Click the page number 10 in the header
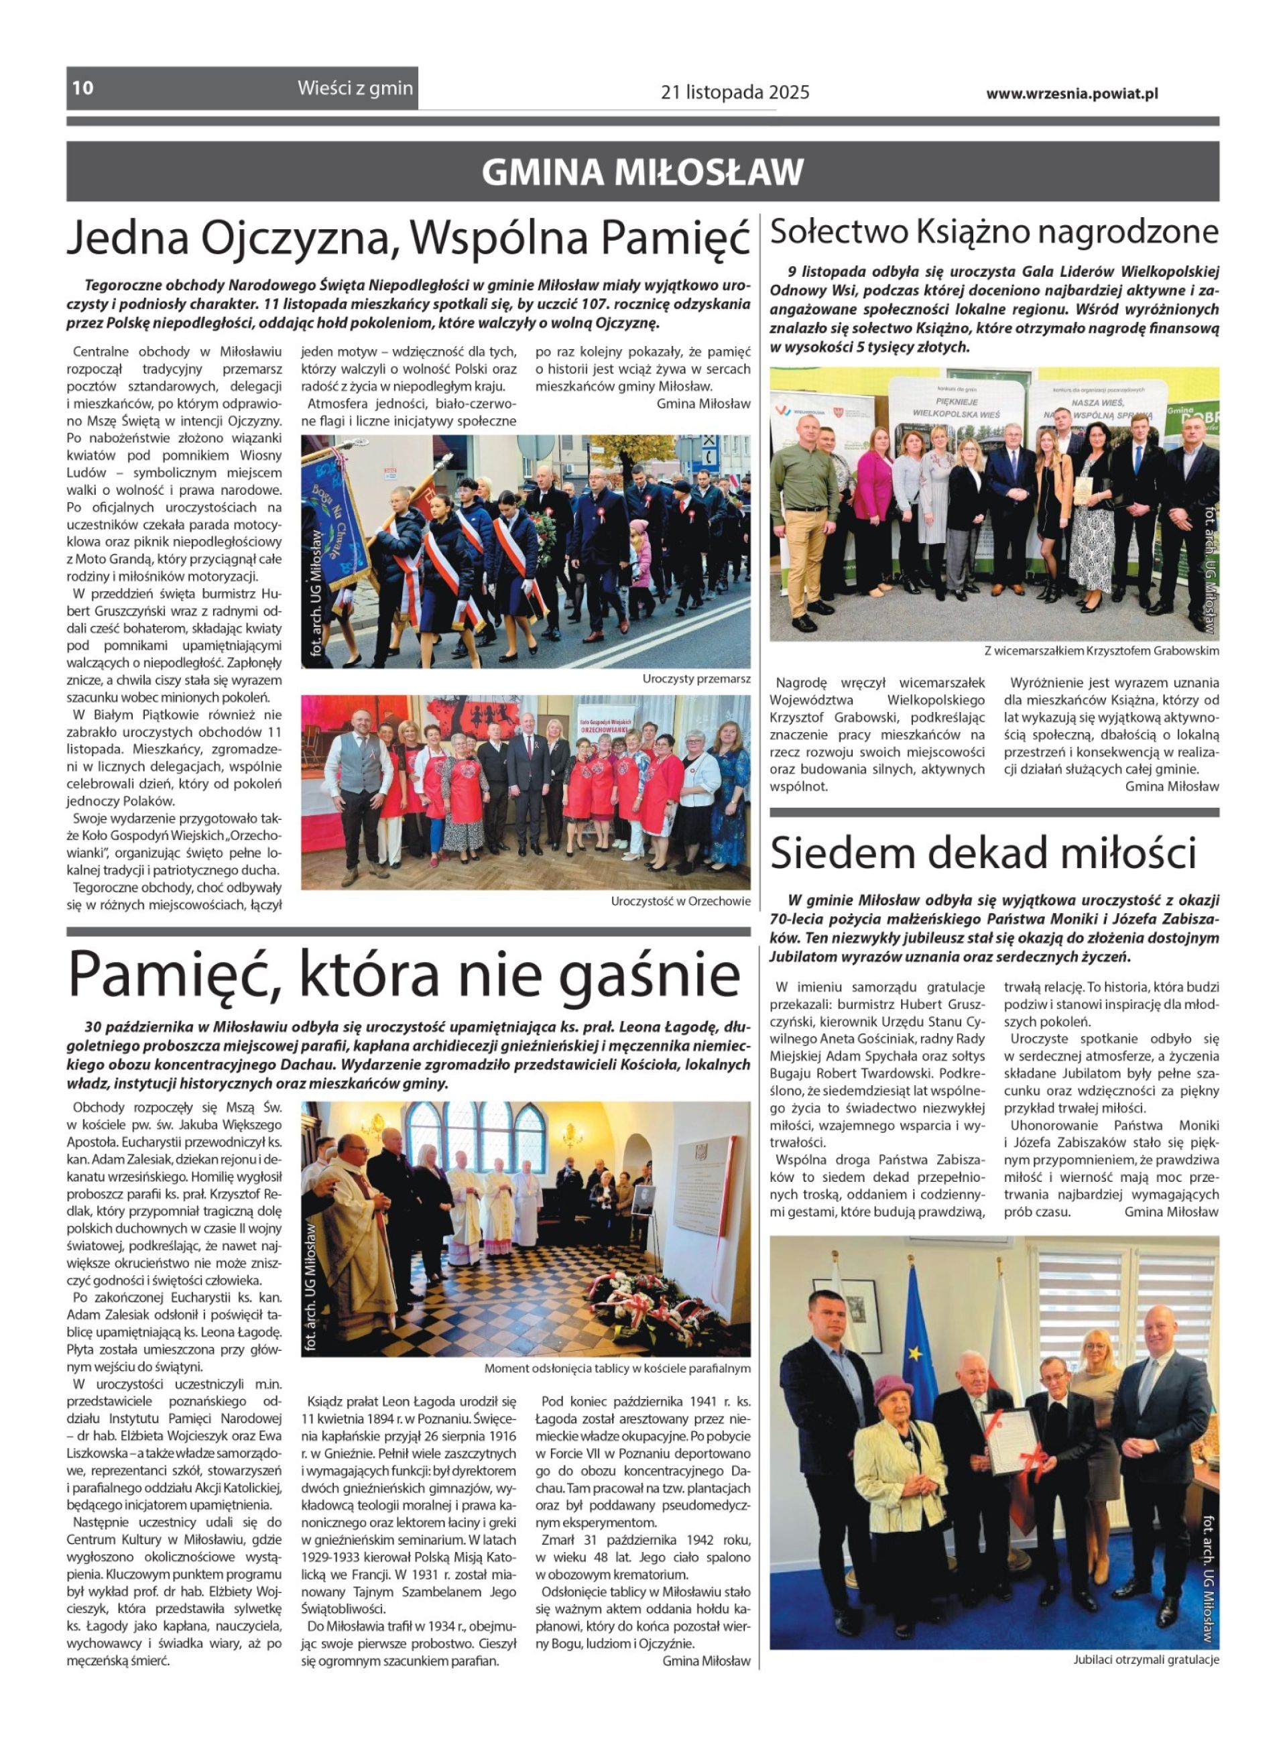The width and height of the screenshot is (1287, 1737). pos(82,87)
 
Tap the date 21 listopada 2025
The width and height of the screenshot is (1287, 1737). pos(735,93)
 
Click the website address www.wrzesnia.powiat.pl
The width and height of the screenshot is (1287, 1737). pos(1071,93)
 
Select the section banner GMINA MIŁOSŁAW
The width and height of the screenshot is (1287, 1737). pos(642,172)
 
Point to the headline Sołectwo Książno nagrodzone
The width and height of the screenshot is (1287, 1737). pos(994,232)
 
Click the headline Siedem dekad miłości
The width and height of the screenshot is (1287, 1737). pos(983,853)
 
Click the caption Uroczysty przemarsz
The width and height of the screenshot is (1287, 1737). pos(696,678)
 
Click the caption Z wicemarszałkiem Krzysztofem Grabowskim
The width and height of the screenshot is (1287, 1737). pos(1101,650)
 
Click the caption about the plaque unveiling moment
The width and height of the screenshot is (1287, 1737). pos(617,1368)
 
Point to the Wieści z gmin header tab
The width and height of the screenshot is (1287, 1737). pos(355,88)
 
